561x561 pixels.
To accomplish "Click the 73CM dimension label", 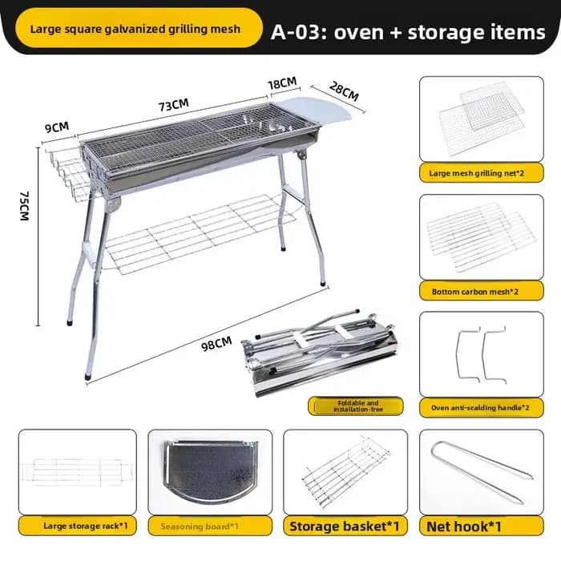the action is [174, 105].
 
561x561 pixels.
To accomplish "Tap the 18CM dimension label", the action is [283, 83].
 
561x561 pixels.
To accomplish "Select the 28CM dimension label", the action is [344, 91].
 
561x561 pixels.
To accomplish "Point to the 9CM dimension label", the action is [57, 127].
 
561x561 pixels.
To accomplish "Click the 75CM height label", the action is [24, 206].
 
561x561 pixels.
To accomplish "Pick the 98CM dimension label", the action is [216, 344].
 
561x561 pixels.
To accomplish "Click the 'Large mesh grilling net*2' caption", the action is [477, 174].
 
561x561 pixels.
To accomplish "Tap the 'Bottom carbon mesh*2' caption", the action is [474, 292].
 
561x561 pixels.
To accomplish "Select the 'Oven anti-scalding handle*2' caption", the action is [480, 408].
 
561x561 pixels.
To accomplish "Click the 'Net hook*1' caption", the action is [464, 527].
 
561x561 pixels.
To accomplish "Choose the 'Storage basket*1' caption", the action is [344, 527].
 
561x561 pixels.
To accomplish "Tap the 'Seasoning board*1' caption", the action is [200, 527].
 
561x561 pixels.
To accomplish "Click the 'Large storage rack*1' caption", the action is [86, 526].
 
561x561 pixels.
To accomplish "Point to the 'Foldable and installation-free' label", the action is [357, 406].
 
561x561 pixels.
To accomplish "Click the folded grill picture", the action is [320, 353].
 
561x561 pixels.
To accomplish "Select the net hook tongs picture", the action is [482, 472].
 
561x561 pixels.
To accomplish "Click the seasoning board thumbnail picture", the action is [210, 470].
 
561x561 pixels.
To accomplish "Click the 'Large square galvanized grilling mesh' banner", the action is [139, 28].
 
